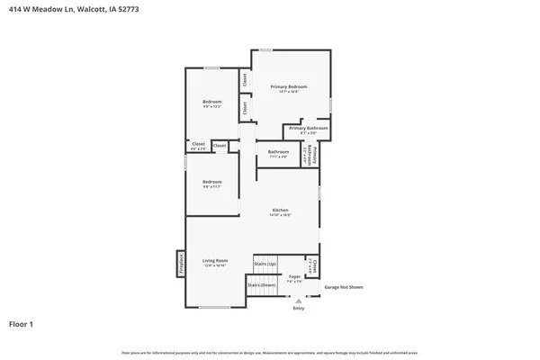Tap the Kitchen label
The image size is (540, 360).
280,210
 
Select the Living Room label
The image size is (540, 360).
214,261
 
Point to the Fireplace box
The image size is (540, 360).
180,262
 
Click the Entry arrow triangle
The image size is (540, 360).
298,300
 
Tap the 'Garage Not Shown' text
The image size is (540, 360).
343,287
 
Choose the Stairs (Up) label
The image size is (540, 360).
265,264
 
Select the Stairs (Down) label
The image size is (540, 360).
261,283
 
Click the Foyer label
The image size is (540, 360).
293,277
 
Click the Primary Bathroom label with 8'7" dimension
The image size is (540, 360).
307,128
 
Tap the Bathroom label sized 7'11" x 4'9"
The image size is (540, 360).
278,152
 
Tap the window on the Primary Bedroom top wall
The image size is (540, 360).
265,49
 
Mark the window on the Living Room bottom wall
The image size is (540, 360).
213,308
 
